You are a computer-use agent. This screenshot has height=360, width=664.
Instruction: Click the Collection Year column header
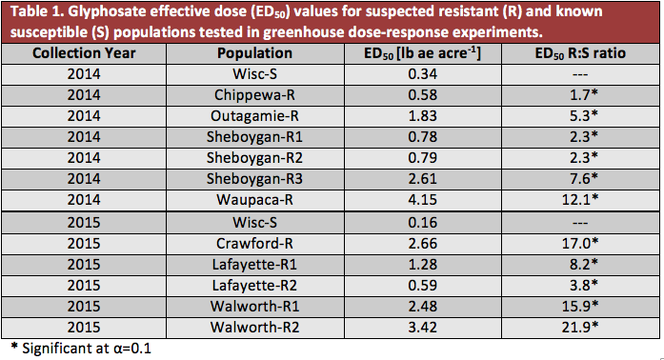coord(83,53)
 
